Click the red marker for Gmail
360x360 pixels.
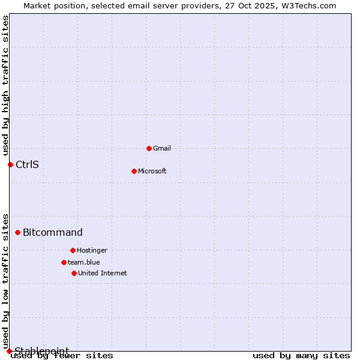pos(149,148)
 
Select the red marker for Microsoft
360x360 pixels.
pos(134,171)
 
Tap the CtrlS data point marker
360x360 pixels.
pos(10,164)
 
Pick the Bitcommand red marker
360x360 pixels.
pos(17,232)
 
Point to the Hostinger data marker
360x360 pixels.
pos(73,250)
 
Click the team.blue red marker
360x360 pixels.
pos(64,262)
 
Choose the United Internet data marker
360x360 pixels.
pos(74,273)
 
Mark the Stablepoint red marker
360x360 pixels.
pos(9,351)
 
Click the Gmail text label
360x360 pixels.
pos(162,148)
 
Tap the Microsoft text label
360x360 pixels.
pos(152,171)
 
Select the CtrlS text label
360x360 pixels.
pos(27,164)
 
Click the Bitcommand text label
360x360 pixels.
pos(53,232)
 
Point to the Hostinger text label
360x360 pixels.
pos(92,250)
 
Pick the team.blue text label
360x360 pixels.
pos(83,262)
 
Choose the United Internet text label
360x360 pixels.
pos(102,273)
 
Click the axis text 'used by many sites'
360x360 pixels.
pos(301,356)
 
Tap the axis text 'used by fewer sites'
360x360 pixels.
pos(62,356)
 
